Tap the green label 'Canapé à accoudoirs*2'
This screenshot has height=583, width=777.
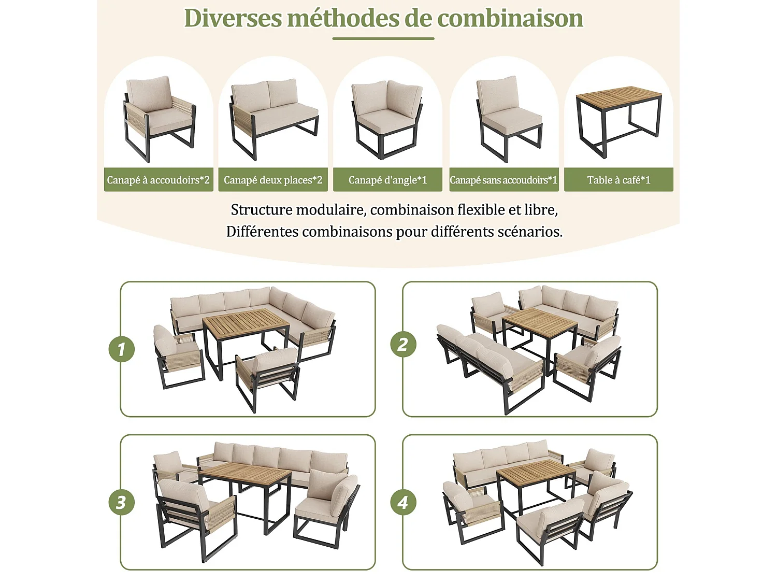(x=159, y=180)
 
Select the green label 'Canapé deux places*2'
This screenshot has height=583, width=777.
(x=273, y=180)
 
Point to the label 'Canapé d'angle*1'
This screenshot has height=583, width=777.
(x=387, y=180)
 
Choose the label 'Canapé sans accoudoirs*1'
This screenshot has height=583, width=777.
(x=503, y=180)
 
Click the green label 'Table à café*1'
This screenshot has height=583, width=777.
(x=618, y=180)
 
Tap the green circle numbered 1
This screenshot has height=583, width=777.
(x=122, y=349)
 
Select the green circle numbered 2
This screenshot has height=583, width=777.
(x=403, y=344)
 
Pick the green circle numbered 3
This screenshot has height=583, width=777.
(x=122, y=502)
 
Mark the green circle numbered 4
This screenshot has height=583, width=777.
(x=403, y=502)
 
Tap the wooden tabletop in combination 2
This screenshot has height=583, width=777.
(x=539, y=322)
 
